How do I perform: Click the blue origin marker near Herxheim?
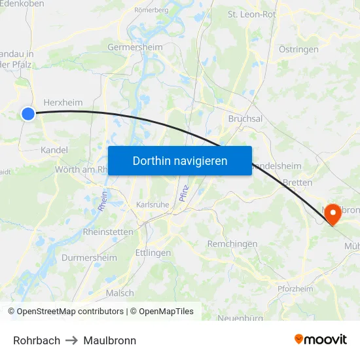pyautogui.click(x=27, y=114)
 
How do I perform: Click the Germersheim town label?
pyautogui.click(x=134, y=47)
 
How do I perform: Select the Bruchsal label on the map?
pyautogui.click(x=245, y=118)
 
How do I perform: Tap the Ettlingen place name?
pyautogui.click(x=153, y=253)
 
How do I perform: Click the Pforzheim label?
pyautogui.click(x=295, y=289)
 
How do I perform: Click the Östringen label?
pyautogui.click(x=298, y=49)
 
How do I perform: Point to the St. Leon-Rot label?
pyautogui.click(x=251, y=14)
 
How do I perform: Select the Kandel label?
pyautogui.click(x=54, y=150)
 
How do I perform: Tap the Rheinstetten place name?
pyautogui.click(x=108, y=232)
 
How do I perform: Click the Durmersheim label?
pyautogui.click(x=89, y=258)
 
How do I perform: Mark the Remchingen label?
pyautogui.click(x=232, y=243)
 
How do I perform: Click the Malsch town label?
pyautogui.click(x=120, y=293)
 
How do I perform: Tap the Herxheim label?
pyautogui.click(x=63, y=102)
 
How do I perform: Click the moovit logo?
pyautogui.click(x=321, y=339)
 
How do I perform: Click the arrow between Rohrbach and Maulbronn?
pyautogui.click(x=72, y=340)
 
